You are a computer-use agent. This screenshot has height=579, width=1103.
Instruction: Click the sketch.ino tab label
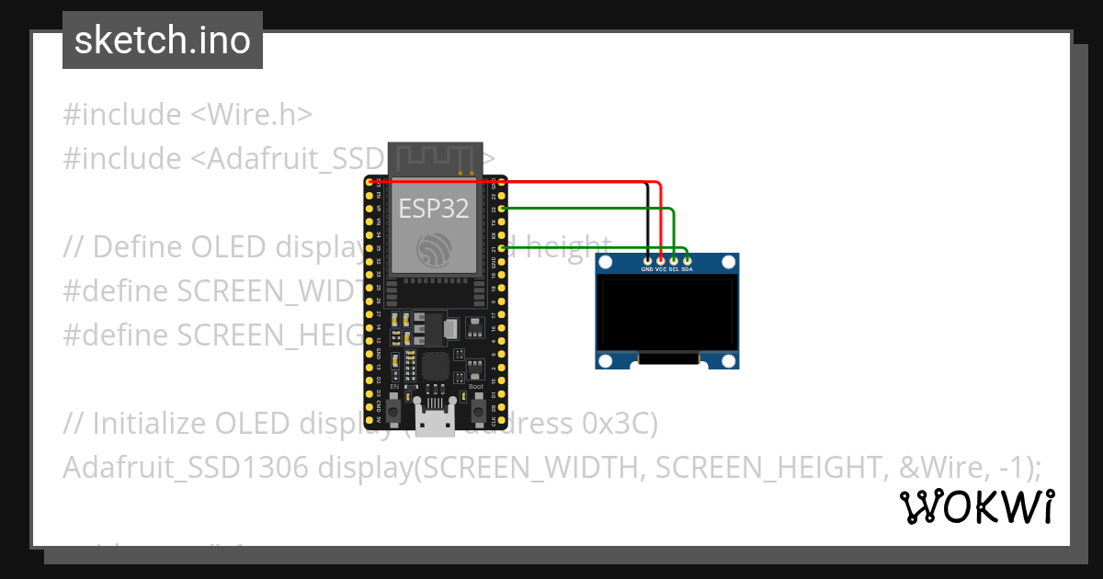[163, 40]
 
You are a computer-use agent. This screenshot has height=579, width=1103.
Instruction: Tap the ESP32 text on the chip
[434, 209]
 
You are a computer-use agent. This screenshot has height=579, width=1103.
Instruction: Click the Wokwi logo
[976, 507]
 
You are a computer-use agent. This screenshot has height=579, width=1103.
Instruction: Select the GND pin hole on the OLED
[647, 262]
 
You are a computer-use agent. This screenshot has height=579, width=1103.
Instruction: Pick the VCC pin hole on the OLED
[661, 262]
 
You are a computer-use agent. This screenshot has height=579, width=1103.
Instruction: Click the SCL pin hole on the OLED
[674, 262]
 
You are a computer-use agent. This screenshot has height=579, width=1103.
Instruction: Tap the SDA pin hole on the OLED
[687, 262]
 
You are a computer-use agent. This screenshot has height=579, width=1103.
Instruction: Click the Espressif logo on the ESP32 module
[434, 249]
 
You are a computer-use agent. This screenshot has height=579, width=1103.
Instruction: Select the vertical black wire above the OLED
[647, 221]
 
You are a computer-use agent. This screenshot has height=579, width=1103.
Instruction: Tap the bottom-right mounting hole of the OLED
[728, 359]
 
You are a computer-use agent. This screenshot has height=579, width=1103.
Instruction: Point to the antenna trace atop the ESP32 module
[434, 158]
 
